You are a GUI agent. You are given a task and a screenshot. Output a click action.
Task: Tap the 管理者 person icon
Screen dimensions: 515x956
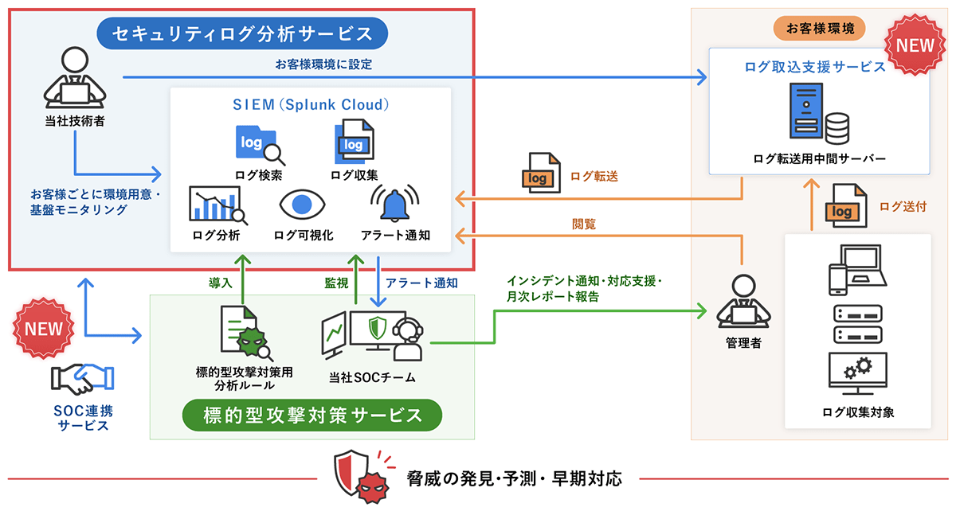tap(742, 300)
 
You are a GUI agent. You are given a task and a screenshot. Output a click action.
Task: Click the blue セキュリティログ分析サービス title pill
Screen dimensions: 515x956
tap(242, 34)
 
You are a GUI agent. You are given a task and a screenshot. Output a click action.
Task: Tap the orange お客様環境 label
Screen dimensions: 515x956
tap(820, 29)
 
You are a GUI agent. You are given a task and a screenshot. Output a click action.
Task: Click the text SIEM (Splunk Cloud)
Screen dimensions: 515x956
tap(311, 104)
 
